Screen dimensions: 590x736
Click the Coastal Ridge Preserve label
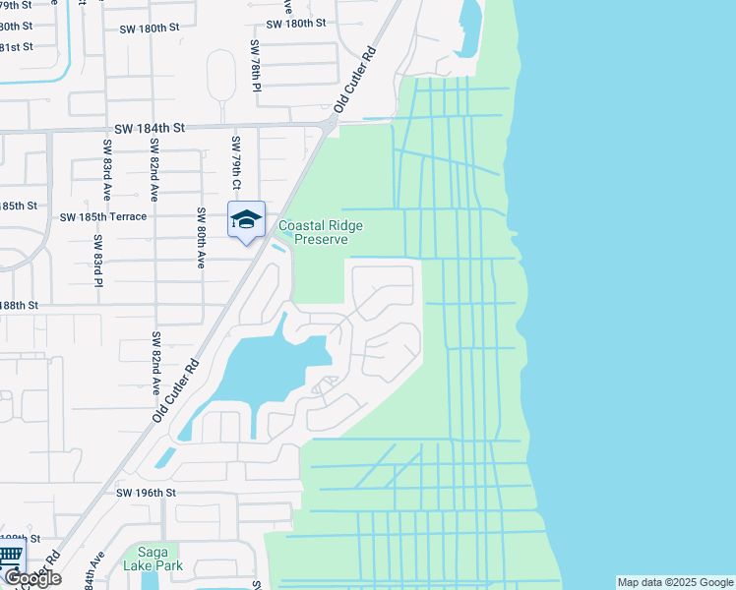pyautogui.click(x=321, y=232)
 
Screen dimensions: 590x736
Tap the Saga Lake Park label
pyautogui.click(x=151, y=559)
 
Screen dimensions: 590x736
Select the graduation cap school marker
pyautogui.click(x=246, y=220)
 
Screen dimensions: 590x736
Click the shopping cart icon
pyautogui.click(x=10, y=557)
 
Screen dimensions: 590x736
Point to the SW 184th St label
pyautogui.click(x=150, y=129)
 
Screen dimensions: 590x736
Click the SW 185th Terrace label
pyautogui.click(x=103, y=216)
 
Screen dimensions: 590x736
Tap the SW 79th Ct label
pyautogui.click(x=236, y=163)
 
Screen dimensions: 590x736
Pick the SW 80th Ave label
pyautogui.click(x=201, y=238)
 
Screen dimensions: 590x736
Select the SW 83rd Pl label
pyautogui.click(x=97, y=261)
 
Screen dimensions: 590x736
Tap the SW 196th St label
pyautogui.click(x=146, y=493)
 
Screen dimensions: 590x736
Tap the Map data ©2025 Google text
pyautogui.click(x=675, y=582)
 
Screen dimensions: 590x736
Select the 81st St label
pyautogui.click(x=16, y=46)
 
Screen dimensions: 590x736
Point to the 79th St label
pyautogui.click(x=16, y=5)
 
